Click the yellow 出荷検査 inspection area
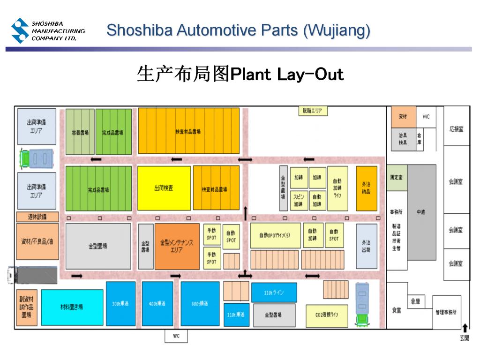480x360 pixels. point(164,188)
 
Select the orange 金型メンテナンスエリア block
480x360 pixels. point(177,246)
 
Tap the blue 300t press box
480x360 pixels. point(120,303)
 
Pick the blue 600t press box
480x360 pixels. point(200,303)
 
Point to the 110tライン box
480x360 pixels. point(273,292)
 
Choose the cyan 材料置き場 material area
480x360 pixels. point(72,307)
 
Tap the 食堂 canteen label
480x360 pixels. point(397,310)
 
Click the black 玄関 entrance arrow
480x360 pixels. point(465,329)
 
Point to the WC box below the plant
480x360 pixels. point(176,336)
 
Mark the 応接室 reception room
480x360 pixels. point(456,129)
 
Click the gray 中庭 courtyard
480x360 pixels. point(421,212)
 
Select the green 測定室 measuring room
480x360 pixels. point(397,178)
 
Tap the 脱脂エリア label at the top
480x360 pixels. point(313,111)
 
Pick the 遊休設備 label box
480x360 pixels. point(37,217)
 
